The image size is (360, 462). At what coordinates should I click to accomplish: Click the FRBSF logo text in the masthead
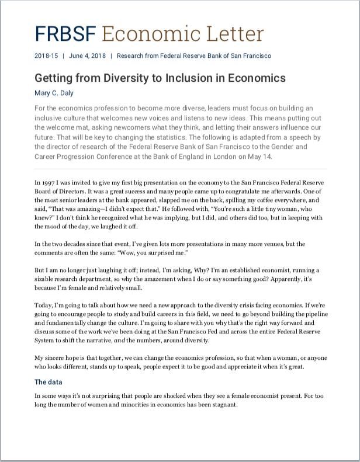click(x=65, y=34)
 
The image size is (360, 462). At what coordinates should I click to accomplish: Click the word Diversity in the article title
click(x=120, y=78)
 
